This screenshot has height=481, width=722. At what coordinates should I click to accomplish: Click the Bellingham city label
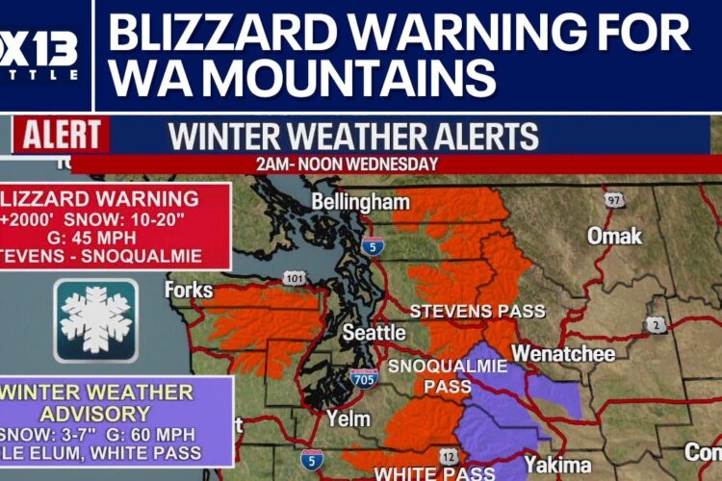(361, 203)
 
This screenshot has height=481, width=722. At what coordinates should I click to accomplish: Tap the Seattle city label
(374, 333)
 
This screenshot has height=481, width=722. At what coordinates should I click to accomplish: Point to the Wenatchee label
(563, 354)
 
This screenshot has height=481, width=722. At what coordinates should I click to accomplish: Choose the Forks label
(188, 290)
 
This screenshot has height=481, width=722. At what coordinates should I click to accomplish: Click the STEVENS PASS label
(477, 312)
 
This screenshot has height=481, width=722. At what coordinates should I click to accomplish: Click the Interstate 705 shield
(364, 380)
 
